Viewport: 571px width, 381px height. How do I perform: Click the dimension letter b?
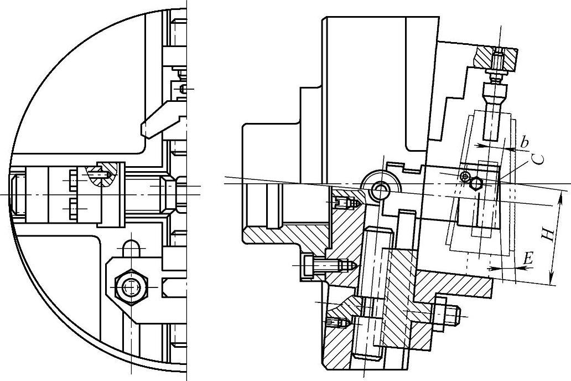click(x=525, y=142)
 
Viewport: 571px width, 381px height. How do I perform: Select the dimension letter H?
click(x=547, y=235)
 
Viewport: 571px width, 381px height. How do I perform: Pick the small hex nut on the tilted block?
click(x=475, y=184)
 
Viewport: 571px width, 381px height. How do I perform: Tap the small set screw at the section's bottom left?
click(x=337, y=322)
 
